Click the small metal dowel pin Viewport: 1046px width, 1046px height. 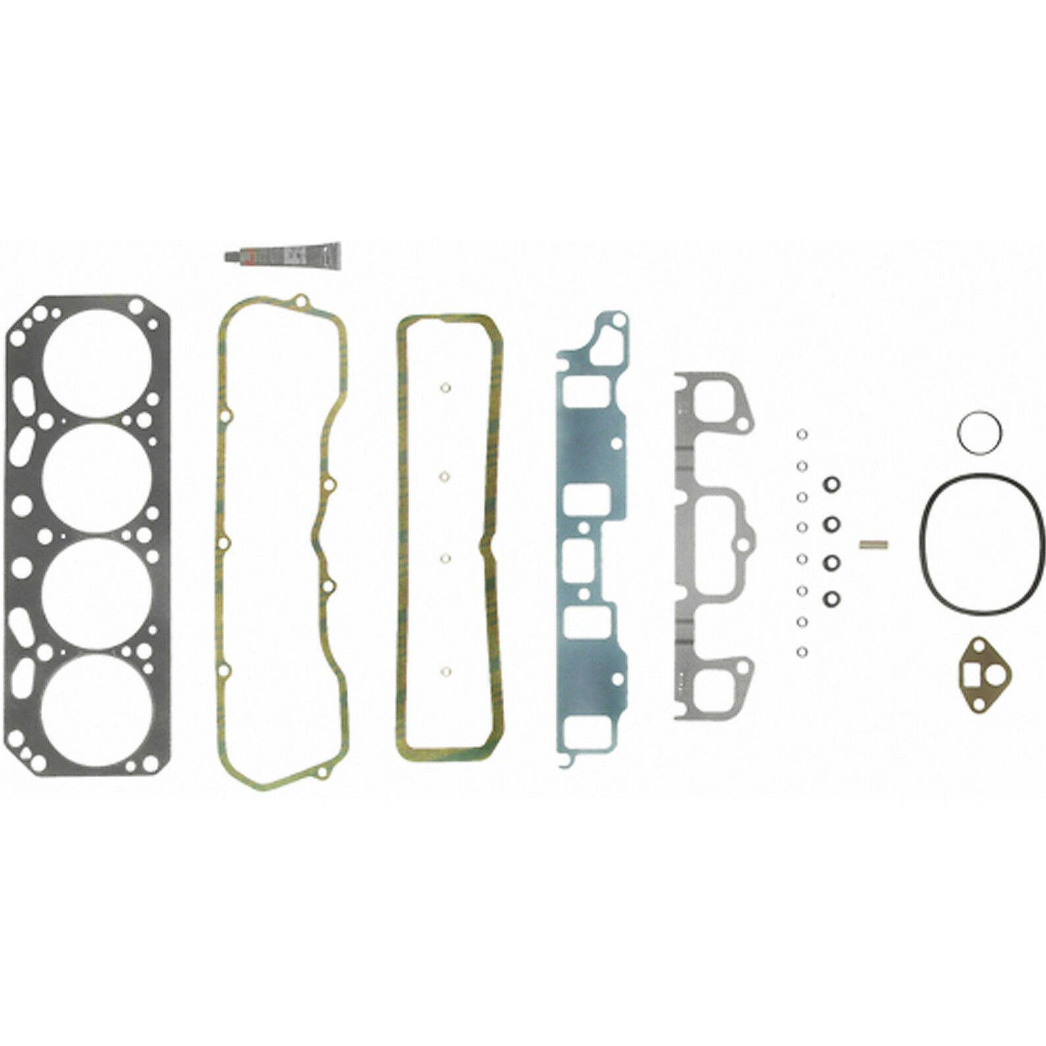tap(874, 544)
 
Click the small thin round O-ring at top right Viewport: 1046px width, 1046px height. tap(979, 433)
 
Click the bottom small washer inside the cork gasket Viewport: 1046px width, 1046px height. tap(446, 673)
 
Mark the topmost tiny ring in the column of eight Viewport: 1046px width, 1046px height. tap(802, 434)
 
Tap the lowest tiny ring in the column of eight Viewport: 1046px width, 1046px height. tap(802, 652)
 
